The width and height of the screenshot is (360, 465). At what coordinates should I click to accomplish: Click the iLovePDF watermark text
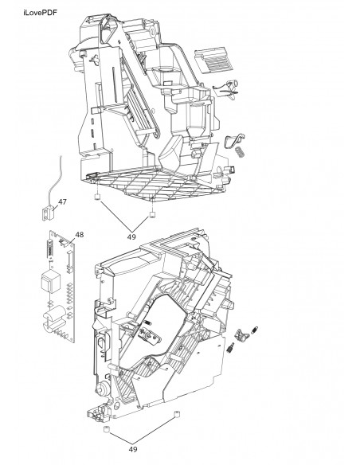tap(40, 13)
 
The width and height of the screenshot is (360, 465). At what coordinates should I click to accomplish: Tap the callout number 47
tap(62, 201)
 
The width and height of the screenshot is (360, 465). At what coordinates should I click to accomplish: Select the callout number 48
tap(79, 235)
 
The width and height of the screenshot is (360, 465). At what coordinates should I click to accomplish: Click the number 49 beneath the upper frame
tap(131, 237)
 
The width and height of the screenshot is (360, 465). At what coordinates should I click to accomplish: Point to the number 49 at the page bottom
tap(133, 449)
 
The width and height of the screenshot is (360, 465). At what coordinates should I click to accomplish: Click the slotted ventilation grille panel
tap(213, 60)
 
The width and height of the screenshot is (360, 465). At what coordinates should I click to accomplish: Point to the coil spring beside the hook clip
tap(239, 152)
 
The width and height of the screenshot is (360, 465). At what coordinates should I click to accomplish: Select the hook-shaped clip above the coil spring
tap(234, 140)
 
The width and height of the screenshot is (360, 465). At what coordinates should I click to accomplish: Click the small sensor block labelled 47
tap(48, 213)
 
